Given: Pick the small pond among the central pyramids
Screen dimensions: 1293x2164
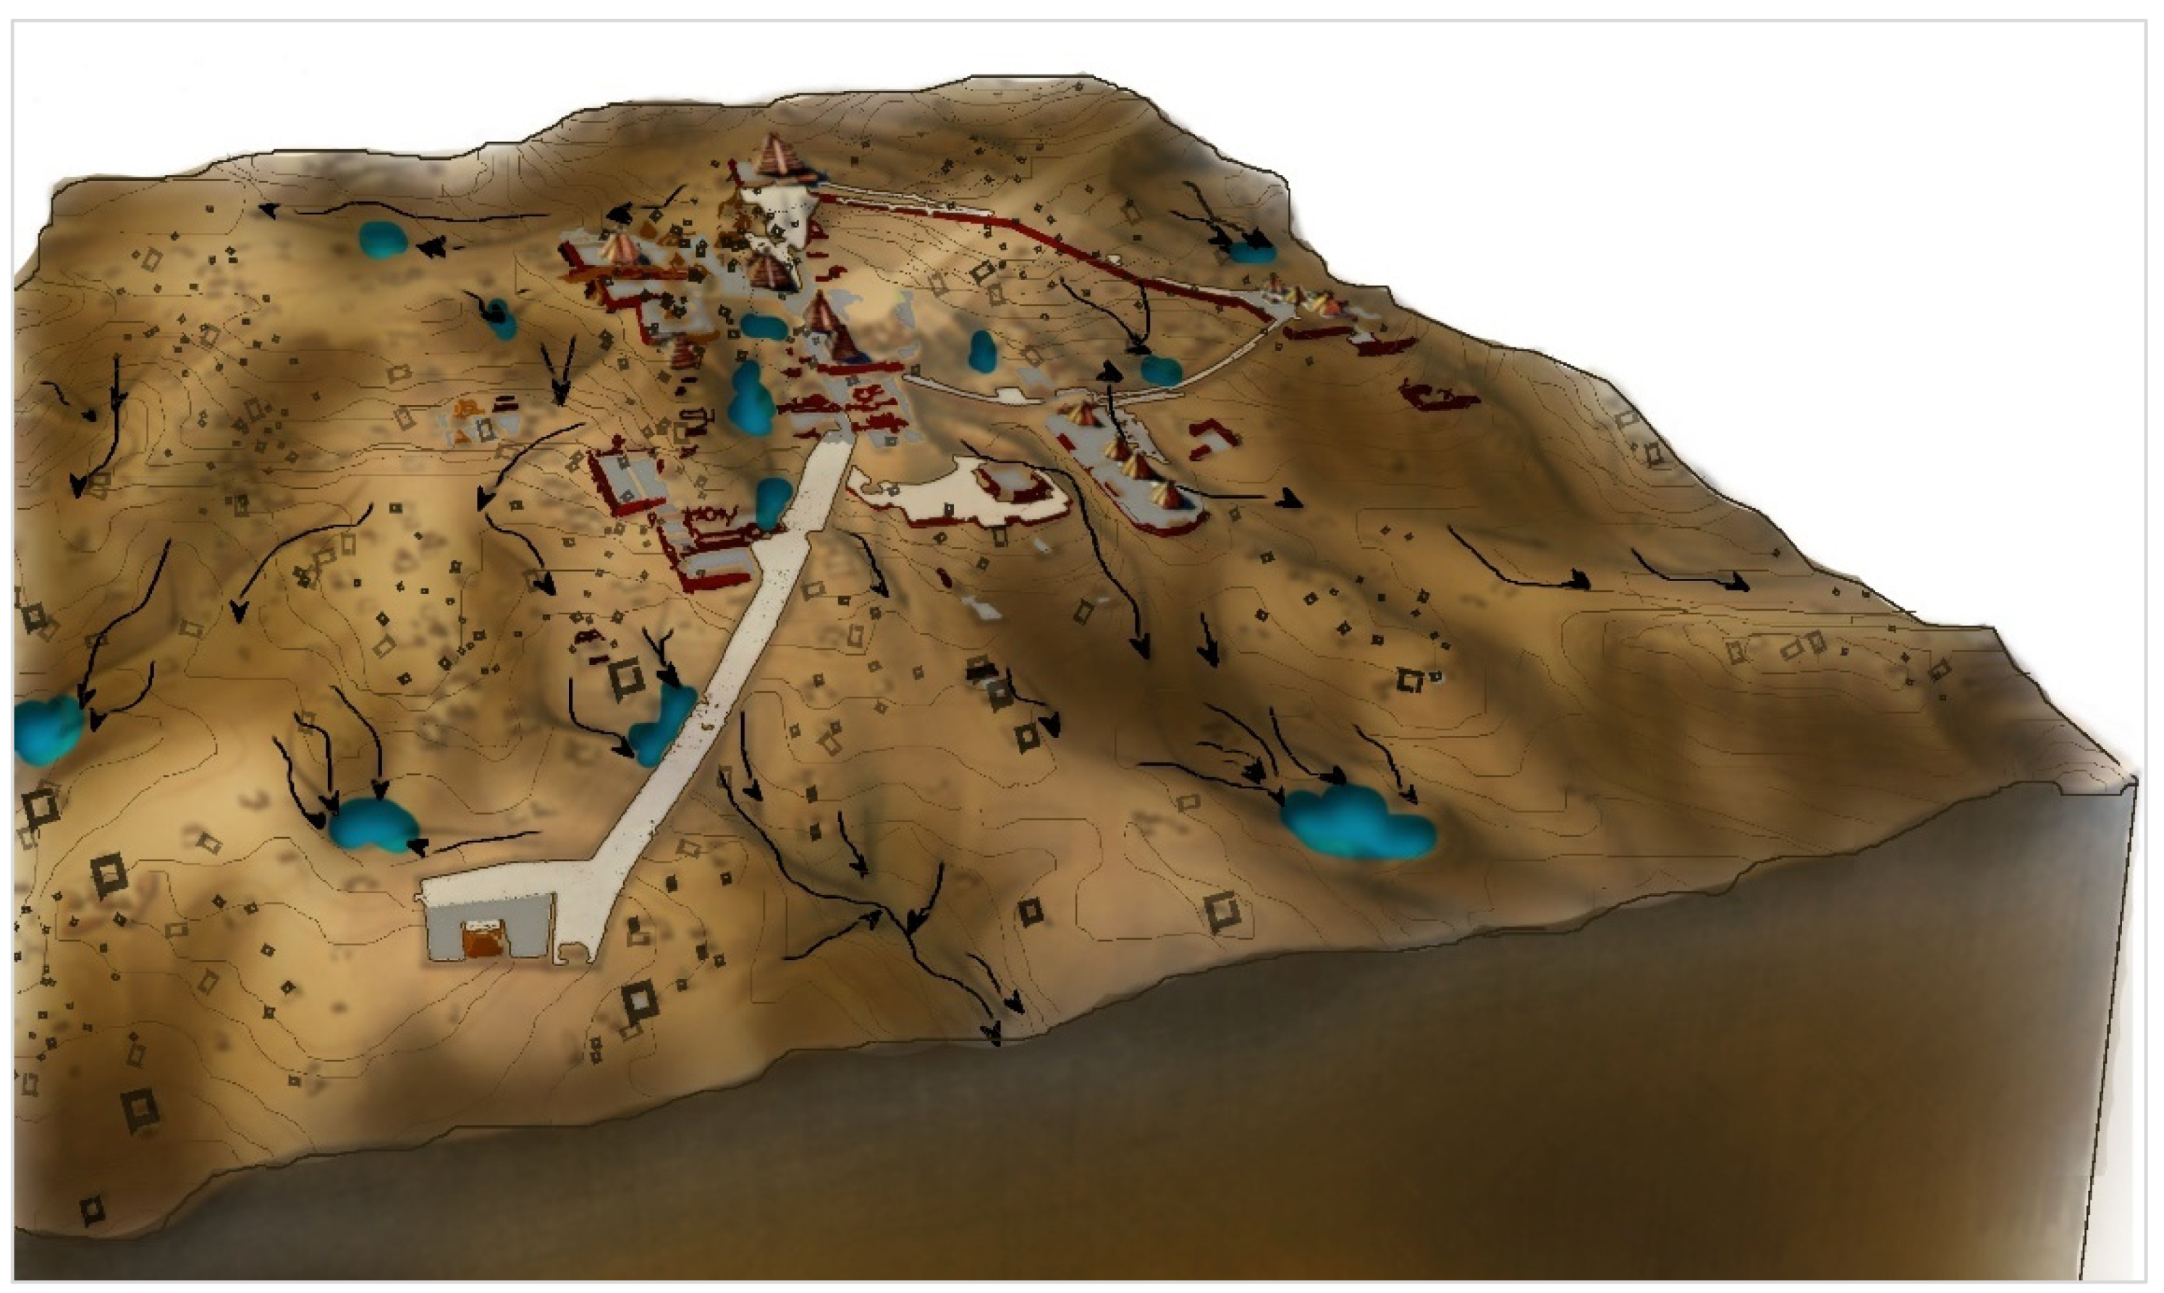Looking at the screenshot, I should pos(761,327).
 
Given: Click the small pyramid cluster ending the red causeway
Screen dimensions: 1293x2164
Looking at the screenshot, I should pos(1307,299).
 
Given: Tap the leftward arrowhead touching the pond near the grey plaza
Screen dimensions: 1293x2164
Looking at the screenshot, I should pos(418,845).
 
